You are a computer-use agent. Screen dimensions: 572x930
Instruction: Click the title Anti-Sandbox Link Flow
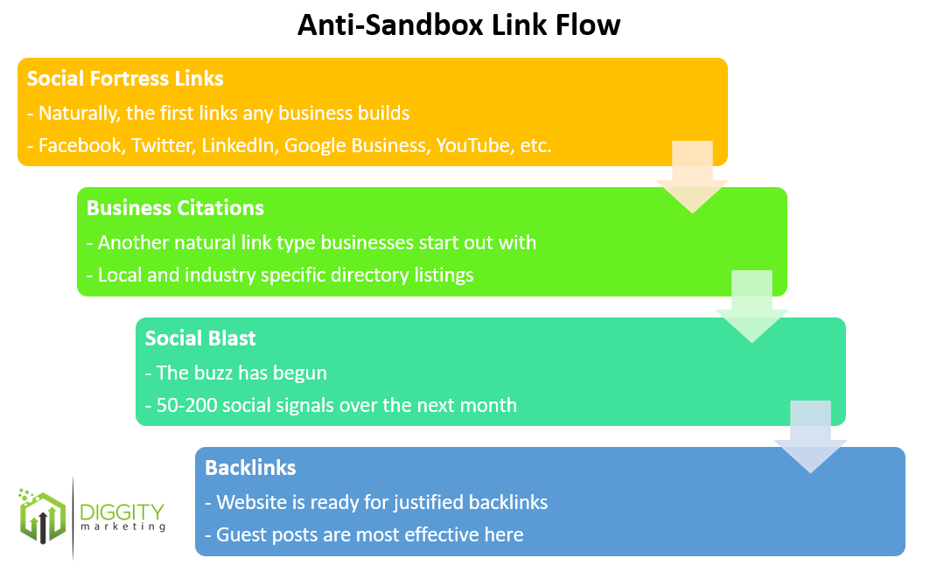click(458, 25)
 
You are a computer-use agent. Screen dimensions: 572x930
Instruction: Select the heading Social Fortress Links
click(125, 79)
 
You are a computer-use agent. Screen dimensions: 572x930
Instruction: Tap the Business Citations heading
click(175, 208)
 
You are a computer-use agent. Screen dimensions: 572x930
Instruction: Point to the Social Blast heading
click(200, 338)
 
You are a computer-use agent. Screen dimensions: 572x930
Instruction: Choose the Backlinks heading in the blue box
click(250, 468)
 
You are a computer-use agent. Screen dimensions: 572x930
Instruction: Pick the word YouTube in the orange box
click(471, 146)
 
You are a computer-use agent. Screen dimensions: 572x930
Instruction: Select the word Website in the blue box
click(251, 502)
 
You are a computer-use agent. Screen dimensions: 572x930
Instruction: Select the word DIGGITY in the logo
click(121, 511)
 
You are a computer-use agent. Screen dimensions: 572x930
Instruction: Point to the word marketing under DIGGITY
click(122, 528)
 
